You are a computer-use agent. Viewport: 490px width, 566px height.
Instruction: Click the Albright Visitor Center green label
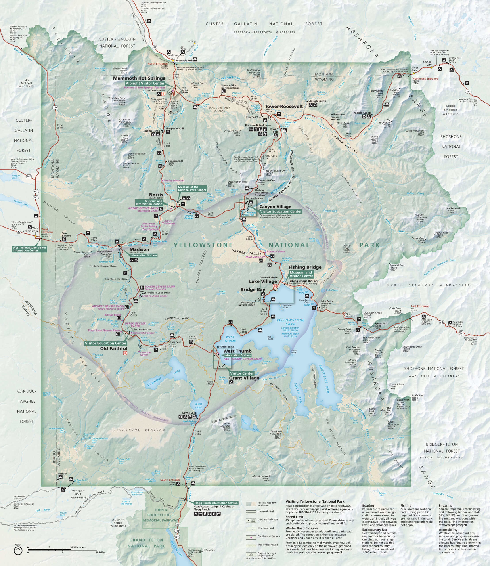coord(145,83)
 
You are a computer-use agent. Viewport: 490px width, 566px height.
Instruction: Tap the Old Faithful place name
coord(114,348)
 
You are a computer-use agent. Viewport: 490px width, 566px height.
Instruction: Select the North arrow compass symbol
coord(18,551)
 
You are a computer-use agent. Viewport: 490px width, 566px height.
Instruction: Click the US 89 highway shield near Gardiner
coord(155,47)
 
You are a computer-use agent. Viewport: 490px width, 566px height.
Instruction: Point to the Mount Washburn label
coord(275,171)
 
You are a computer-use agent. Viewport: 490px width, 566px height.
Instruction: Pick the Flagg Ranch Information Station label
coord(216,503)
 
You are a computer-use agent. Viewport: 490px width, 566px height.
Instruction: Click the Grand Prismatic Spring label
coord(111,309)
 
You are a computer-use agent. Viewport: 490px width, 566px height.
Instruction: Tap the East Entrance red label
coord(419,306)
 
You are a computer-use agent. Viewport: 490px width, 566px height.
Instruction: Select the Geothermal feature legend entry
coord(268,536)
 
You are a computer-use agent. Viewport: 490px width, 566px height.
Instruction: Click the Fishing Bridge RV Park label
coord(303,281)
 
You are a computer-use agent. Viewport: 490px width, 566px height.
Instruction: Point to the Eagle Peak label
coord(403,400)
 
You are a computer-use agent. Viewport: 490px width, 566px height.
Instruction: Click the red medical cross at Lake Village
coord(275,286)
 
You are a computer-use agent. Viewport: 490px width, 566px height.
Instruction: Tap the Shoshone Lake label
coord(155,381)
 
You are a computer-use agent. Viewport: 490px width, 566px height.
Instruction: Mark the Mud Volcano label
coord(254,257)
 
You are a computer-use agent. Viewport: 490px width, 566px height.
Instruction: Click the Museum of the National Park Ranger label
coord(192,188)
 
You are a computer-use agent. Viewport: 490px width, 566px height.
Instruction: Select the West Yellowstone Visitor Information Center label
coord(29,249)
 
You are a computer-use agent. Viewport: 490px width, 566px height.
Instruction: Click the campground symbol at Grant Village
coord(231,382)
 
